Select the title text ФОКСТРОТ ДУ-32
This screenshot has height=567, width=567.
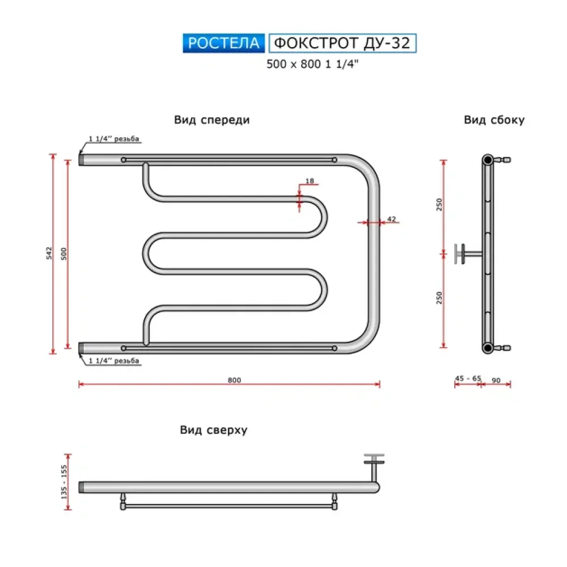click(x=342, y=43)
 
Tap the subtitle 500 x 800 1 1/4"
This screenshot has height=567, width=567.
click(x=314, y=64)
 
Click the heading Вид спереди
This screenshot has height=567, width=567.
click(x=212, y=120)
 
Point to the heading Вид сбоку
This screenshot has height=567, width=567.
click(x=494, y=120)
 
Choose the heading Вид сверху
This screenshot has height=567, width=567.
click(x=214, y=430)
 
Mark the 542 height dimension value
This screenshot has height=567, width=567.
click(x=49, y=253)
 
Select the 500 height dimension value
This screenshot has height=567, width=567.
click(x=64, y=253)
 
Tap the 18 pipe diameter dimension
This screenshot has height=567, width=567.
click(x=310, y=181)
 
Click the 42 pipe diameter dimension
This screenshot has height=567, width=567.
click(x=391, y=218)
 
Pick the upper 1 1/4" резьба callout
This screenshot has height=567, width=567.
click(x=114, y=139)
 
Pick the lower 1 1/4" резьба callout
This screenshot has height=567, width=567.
click(x=114, y=361)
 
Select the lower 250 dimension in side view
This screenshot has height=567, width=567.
click(x=439, y=297)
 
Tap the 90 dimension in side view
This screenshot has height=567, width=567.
click(x=496, y=380)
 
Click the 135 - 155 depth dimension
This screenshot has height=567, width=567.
click(x=64, y=481)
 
